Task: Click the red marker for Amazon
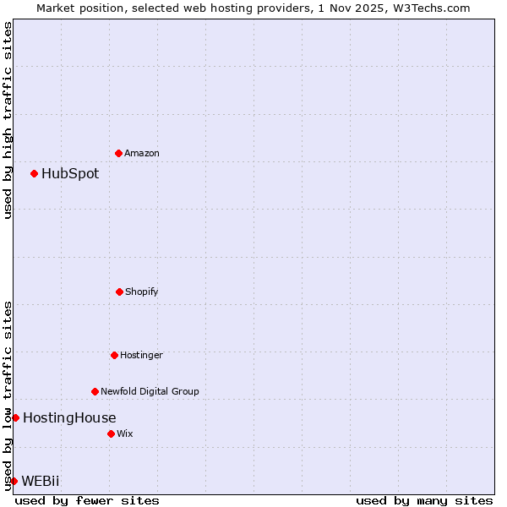(118, 153)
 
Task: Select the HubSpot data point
(34, 173)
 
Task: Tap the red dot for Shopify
(119, 292)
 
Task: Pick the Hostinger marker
(114, 355)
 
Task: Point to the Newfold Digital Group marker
(95, 391)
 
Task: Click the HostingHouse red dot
(15, 417)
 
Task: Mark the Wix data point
(111, 433)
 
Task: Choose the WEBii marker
(14, 481)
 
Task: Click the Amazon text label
(142, 153)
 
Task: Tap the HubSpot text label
(70, 174)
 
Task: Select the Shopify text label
(142, 292)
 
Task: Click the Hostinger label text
(141, 355)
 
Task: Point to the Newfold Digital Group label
(150, 391)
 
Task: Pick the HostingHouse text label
(69, 417)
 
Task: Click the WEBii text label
(41, 482)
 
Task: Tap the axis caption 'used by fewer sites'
(87, 500)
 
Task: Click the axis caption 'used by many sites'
(424, 500)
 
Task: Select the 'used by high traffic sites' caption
(8, 120)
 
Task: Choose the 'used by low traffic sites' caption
(8, 395)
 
